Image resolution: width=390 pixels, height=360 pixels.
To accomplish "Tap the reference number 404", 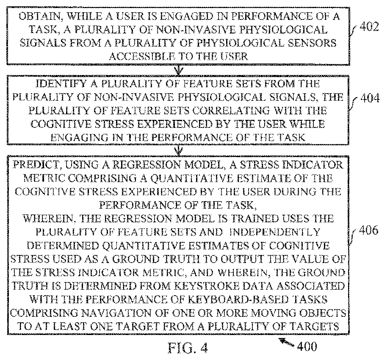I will click(x=371, y=100).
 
